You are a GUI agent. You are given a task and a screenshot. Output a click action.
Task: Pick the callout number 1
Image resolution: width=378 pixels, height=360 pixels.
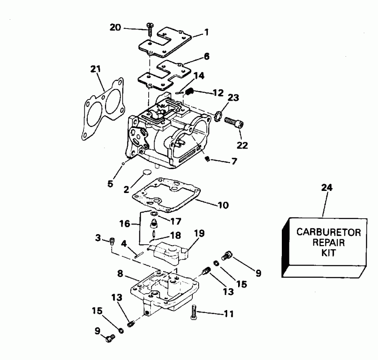pos(206,32)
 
